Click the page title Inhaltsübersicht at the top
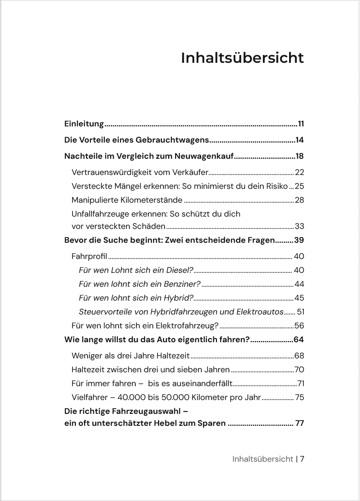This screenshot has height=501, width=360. point(242,58)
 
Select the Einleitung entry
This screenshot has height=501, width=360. point(84,124)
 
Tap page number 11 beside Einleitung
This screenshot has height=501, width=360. point(301,124)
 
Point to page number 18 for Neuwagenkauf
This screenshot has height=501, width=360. point(299,156)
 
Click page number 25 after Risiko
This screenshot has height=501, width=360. point(299,186)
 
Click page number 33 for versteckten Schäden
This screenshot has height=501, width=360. point(299,226)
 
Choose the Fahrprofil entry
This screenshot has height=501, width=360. point(89,256)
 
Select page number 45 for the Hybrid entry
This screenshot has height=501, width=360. point(299,298)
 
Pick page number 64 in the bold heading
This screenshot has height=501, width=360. point(299,340)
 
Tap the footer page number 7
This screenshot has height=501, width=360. point(302,459)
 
